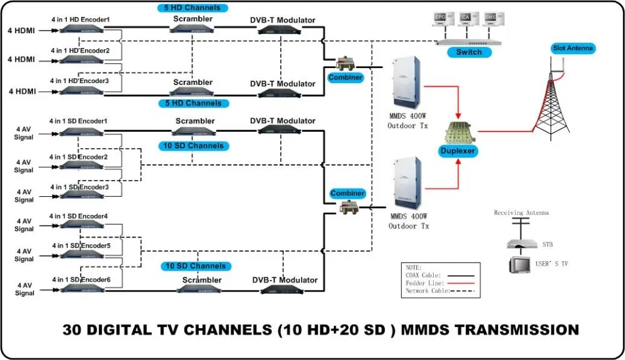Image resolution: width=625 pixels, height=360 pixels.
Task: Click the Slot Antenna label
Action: click(x=574, y=48)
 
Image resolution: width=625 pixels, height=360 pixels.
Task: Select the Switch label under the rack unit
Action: click(x=468, y=52)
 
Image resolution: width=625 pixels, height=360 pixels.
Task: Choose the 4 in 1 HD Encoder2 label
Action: click(x=81, y=50)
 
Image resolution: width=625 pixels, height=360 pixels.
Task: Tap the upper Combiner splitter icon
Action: click(x=346, y=63)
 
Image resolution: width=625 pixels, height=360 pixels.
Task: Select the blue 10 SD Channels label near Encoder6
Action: click(x=195, y=266)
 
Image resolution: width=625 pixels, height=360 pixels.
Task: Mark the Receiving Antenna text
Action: click(x=521, y=213)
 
